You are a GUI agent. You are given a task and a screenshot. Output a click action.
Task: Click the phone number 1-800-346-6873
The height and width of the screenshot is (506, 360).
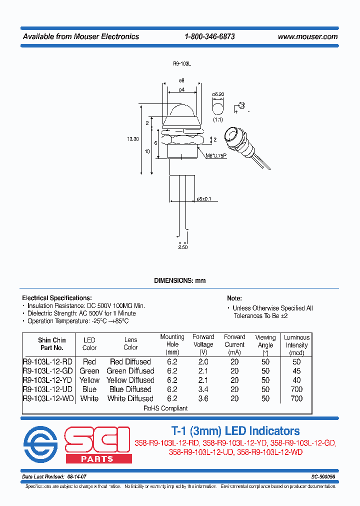pyautogui.click(x=209, y=36)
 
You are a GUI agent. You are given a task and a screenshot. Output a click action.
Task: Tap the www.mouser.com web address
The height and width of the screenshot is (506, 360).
pyautogui.click(x=307, y=36)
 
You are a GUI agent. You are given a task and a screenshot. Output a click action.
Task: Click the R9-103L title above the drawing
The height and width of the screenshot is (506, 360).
pyautogui.click(x=182, y=64)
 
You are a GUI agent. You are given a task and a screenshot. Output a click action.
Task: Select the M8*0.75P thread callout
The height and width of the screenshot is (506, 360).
pyautogui.click(x=216, y=155)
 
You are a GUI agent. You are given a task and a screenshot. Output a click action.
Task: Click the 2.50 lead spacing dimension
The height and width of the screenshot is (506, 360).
pyautogui.click(x=183, y=247)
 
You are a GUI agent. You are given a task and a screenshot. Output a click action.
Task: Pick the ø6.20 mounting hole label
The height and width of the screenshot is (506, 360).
pyautogui.click(x=217, y=94)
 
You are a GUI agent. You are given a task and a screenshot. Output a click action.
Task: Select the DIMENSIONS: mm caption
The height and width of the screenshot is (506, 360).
pyautogui.click(x=179, y=280)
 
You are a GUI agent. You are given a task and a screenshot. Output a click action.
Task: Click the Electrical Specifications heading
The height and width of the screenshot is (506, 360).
pyautogui.click(x=56, y=298)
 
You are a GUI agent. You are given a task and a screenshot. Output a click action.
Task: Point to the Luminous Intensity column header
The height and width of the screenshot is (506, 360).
pyautogui.click(x=296, y=344)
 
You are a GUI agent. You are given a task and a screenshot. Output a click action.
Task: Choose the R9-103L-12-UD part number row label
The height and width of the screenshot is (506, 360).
pyautogui.click(x=48, y=389)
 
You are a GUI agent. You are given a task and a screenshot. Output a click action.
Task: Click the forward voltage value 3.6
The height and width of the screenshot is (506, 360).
pyautogui.click(x=203, y=398)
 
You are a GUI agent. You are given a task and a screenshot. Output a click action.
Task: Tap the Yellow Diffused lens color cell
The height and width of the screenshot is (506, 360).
pyautogui.click(x=130, y=380)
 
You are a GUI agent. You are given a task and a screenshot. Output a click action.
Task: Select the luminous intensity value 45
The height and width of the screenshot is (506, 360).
pyautogui.click(x=296, y=371)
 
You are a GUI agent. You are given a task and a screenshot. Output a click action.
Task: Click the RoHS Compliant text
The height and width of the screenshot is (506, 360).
pyautogui.click(x=165, y=408)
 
